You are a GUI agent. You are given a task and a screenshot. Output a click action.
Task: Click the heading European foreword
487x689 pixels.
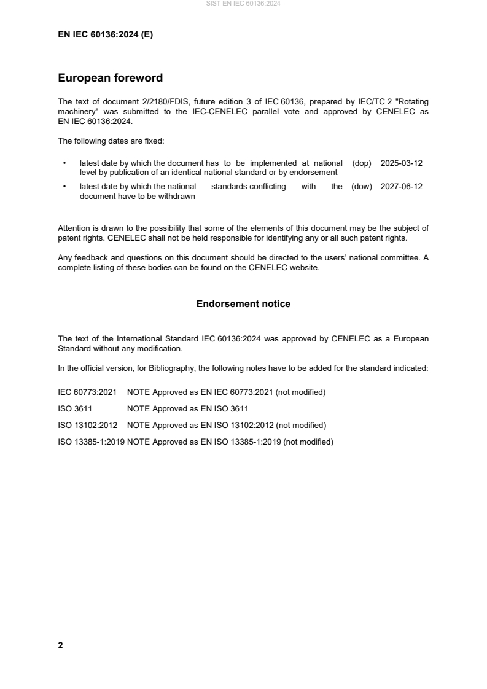tap(110, 78)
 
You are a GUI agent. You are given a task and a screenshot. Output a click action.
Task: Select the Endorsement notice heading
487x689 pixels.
tap(243, 304)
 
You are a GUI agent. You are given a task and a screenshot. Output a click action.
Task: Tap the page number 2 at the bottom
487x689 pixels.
tap(60, 645)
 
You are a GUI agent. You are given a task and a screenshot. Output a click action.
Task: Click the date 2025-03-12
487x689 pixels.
tap(402, 163)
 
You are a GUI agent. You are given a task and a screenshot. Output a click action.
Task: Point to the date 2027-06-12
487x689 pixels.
tap(402, 187)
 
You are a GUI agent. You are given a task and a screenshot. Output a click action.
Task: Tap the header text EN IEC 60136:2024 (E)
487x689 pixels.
tap(105, 35)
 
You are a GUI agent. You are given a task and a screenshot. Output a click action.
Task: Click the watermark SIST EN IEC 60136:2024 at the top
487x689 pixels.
tap(243, 4)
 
